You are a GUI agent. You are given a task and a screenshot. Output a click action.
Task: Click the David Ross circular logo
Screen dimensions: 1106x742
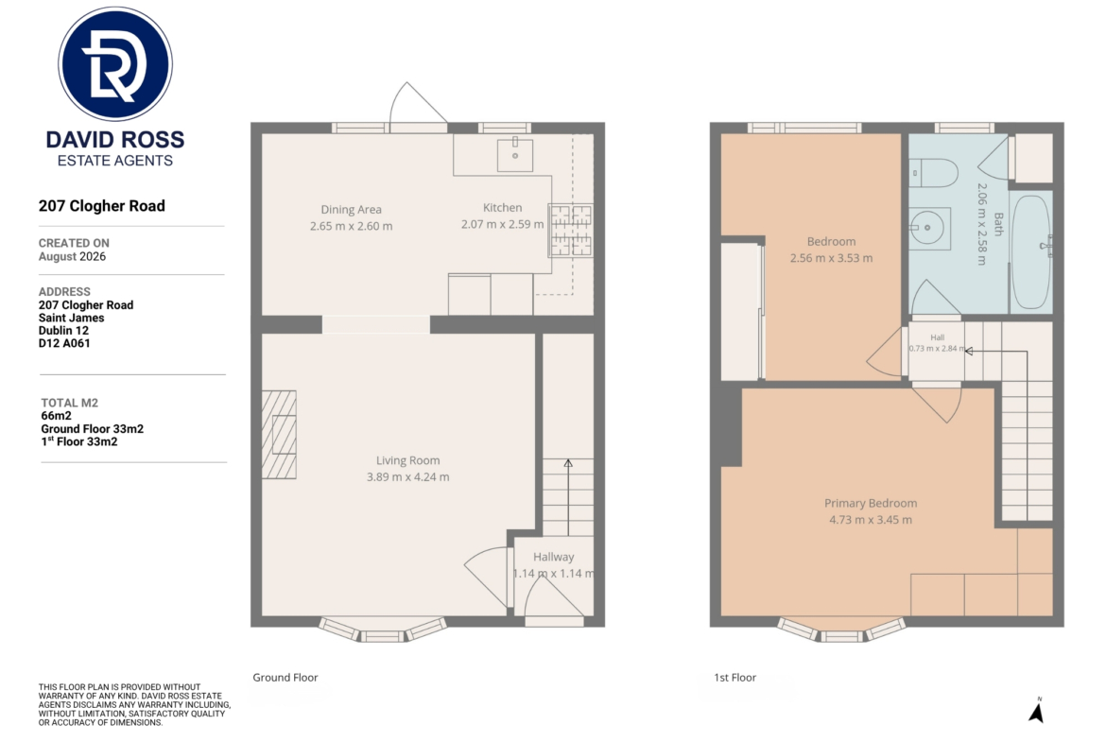click(x=115, y=64)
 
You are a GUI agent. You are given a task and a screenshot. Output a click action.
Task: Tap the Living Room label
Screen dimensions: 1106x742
click(x=407, y=460)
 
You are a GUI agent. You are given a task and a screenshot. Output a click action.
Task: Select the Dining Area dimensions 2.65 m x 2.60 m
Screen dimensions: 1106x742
click(x=352, y=227)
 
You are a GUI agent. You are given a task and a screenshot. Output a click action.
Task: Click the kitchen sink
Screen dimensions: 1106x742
click(x=515, y=154)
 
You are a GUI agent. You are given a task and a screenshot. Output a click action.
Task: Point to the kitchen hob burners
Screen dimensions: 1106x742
click(x=571, y=230)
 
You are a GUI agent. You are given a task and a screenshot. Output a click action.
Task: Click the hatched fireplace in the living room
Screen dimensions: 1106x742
click(x=279, y=435)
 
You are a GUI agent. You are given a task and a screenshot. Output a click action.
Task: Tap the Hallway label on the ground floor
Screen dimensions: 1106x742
click(x=554, y=557)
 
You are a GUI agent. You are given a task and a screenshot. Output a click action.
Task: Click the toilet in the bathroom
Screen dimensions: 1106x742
click(x=932, y=172)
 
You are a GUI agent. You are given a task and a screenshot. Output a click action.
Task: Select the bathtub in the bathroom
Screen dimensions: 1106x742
click(x=1030, y=251)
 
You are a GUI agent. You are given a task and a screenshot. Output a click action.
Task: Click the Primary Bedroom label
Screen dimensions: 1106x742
click(x=872, y=504)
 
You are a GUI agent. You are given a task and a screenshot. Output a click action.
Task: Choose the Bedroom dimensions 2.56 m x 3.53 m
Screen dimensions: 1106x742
click(x=832, y=258)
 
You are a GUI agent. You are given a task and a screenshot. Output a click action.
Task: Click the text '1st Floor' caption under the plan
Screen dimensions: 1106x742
click(x=735, y=678)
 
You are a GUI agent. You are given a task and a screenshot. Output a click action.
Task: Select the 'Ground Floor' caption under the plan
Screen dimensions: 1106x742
click(x=285, y=678)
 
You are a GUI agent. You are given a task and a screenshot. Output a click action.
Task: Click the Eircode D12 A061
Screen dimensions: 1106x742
click(x=64, y=343)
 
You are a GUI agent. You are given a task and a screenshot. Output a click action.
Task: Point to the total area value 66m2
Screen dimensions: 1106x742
click(x=57, y=416)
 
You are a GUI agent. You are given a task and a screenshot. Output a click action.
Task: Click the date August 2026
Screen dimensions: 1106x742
click(x=72, y=257)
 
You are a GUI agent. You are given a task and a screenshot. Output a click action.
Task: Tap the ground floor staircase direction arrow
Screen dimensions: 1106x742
click(x=568, y=497)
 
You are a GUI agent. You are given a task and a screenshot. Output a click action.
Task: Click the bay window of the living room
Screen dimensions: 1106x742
click(x=383, y=631)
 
